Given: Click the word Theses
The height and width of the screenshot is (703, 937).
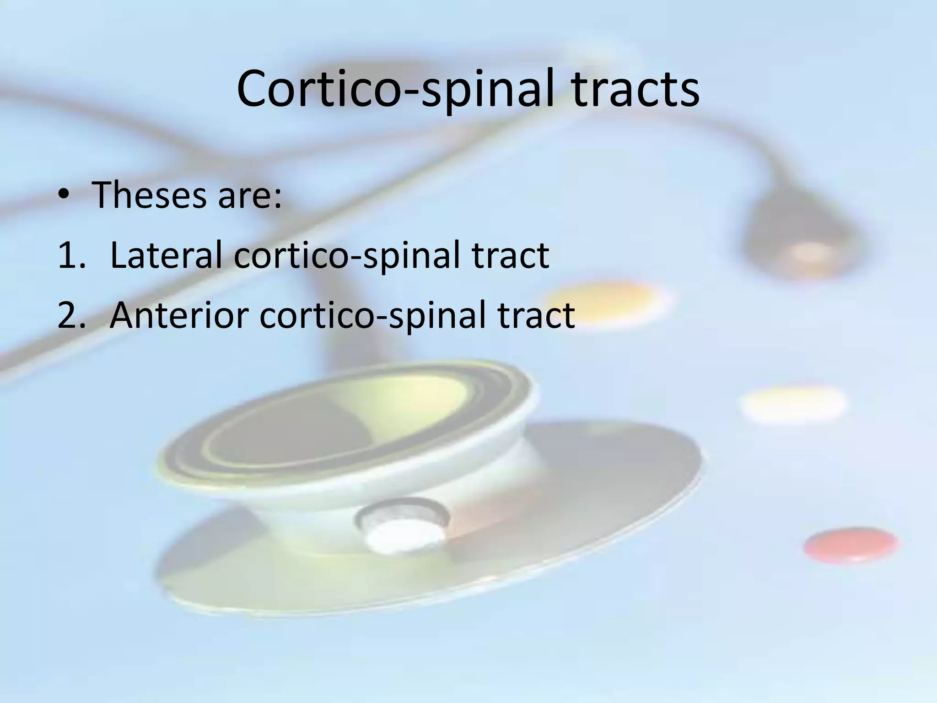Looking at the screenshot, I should click(149, 195).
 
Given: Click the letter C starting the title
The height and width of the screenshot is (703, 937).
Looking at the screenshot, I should click(254, 89).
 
